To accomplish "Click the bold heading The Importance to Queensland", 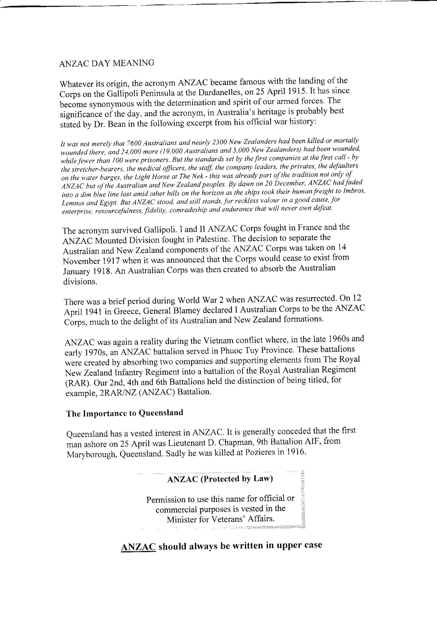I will point(125,413).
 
